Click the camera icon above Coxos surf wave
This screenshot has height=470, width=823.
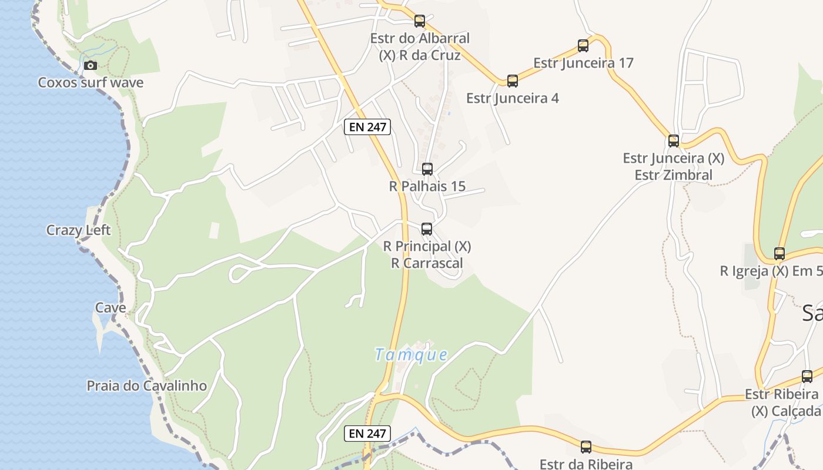[90, 65]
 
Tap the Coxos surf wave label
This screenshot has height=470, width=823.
[91, 82]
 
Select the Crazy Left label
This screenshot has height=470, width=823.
[78, 230]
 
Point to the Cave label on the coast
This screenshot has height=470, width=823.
[111, 307]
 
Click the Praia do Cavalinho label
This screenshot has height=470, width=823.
[146, 385]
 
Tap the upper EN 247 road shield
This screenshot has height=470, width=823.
[367, 126]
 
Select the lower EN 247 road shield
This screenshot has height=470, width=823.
[367, 434]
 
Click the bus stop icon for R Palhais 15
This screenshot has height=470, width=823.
[427, 169]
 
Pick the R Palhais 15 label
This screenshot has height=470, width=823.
[427, 186]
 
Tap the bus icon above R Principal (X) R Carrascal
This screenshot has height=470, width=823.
[427, 229]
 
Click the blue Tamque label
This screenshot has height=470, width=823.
[411, 354]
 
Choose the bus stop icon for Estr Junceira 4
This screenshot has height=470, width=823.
[513, 81]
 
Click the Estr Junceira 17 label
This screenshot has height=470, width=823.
[583, 62]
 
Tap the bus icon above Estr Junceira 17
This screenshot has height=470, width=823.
[583, 46]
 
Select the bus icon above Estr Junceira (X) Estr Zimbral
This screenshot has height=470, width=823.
[674, 141]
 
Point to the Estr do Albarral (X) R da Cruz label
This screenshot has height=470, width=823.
[420, 47]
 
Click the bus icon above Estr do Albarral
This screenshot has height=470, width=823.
[420, 21]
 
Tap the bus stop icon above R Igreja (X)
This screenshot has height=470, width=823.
[779, 254]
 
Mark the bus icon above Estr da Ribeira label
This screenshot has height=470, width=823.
[586, 447]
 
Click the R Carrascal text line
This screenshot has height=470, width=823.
[427, 263]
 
